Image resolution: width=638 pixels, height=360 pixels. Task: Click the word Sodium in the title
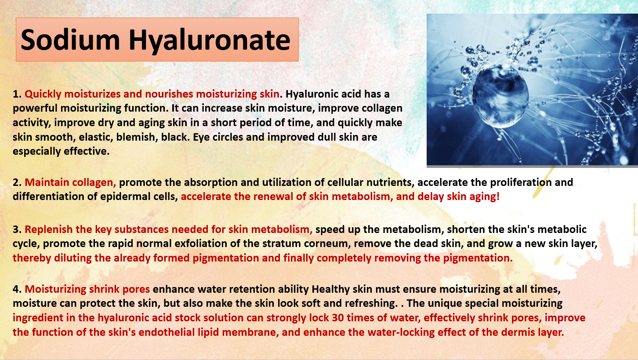tap(70, 40)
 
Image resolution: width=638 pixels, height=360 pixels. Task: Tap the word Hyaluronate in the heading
tap(209, 41)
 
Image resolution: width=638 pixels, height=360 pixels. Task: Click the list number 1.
tap(17, 94)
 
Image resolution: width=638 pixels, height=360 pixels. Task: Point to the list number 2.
tap(17, 182)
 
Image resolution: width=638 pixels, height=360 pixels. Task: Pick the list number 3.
tap(17, 229)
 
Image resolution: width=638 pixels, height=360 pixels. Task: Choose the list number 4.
tap(17, 289)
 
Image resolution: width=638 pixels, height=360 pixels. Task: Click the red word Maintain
tap(47, 182)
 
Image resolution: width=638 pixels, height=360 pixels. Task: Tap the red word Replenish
tap(48, 230)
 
